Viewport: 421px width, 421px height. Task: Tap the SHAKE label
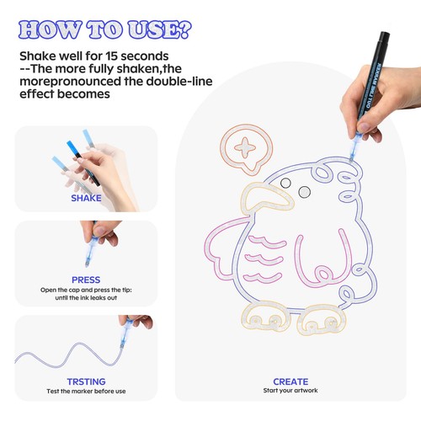point(86,199)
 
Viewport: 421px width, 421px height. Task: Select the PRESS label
point(86,280)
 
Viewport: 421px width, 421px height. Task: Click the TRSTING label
point(86,381)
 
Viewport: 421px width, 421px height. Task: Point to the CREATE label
point(290,381)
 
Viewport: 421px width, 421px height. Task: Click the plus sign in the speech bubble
point(246,147)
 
